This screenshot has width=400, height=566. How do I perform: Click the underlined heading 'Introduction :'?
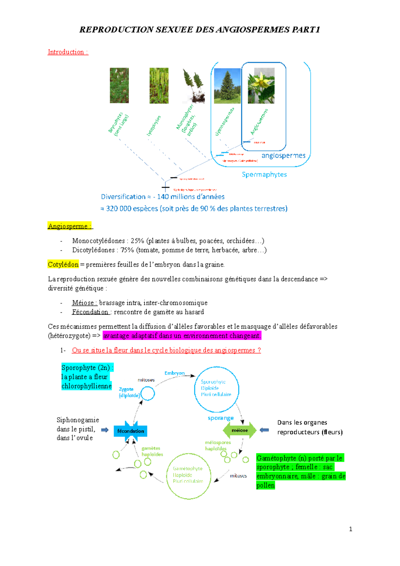[x=68, y=52]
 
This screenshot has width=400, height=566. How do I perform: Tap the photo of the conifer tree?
[x=227, y=86]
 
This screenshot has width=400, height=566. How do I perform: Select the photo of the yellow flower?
[x=261, y=86]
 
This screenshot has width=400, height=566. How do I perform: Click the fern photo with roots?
[x=193, y=86]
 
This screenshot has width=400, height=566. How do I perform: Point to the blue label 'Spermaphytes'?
[x=264, y=174]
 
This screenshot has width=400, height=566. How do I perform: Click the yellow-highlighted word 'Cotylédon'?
[x=63, y=264]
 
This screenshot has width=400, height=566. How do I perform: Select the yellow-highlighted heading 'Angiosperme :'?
[x=69, y=226]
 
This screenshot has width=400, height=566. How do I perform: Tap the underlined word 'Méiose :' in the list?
[x=84, y=303]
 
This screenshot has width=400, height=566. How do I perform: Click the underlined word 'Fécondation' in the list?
[x=90, y=312]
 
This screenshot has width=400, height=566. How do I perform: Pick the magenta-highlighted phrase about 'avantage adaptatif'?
[x=182, y=336]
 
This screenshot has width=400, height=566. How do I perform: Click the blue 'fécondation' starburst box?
[x=130, y=431]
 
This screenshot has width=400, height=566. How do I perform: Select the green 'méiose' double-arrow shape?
[x=240, y=430]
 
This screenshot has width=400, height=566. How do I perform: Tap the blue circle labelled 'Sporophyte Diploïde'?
[x=217, y=389]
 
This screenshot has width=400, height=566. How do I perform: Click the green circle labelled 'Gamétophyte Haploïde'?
[x=189, y=476]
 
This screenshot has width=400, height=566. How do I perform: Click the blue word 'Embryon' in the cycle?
[x=174, y=373]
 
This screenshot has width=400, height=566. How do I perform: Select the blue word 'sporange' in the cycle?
[x=220, y=418]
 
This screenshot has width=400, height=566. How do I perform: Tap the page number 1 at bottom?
[x=350, y=529]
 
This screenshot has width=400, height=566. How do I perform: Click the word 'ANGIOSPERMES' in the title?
[x=253, y=30]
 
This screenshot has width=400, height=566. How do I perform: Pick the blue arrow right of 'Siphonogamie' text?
[x=105, y=430]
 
